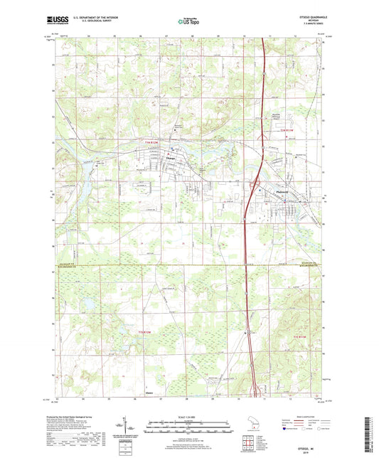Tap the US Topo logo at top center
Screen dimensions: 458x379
189,22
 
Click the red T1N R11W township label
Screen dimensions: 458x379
287,131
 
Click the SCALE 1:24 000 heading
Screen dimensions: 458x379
189,417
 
